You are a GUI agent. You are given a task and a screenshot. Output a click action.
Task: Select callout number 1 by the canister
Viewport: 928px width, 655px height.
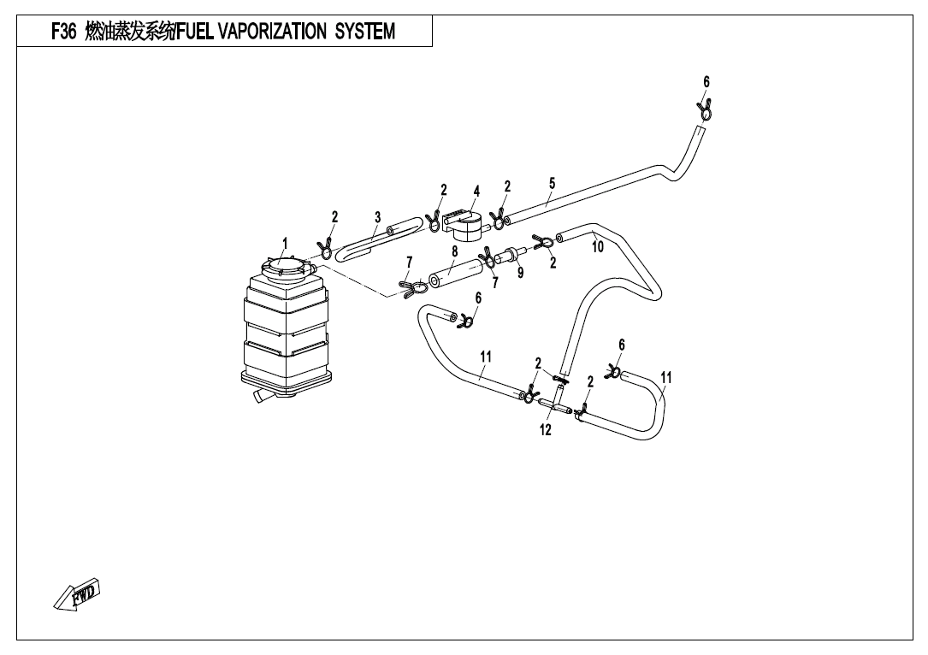click(x=286, y=243)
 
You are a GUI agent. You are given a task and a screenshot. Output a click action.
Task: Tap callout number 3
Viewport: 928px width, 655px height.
click(x=377, y=218)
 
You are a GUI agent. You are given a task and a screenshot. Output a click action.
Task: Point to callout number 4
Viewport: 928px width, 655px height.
click(x=476, y=191)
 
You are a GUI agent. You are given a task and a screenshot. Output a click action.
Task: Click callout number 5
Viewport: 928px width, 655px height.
click(x=553, y=183)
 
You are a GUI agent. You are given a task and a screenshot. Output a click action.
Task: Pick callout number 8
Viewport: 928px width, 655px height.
click(x=455, y=251)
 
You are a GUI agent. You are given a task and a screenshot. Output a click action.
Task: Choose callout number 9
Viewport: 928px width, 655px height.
click(x=520, y=273)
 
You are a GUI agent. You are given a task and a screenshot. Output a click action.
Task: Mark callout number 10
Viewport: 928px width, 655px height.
click(x=598, y=247)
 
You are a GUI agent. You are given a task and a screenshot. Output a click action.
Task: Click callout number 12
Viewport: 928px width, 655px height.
click(x=546, y=430)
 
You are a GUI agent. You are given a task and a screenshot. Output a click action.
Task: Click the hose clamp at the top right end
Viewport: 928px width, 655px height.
click(x=705, y=110)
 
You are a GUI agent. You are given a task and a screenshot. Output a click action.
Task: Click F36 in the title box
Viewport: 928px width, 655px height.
click(x=64, y=32)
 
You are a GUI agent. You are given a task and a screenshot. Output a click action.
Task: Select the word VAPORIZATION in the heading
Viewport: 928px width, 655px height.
click(x=272, y=32)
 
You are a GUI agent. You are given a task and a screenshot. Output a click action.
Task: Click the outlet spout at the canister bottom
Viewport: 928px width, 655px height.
click(x=260, y=398)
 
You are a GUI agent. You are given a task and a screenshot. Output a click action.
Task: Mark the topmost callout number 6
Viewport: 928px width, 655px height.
click(x=706, y=82)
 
